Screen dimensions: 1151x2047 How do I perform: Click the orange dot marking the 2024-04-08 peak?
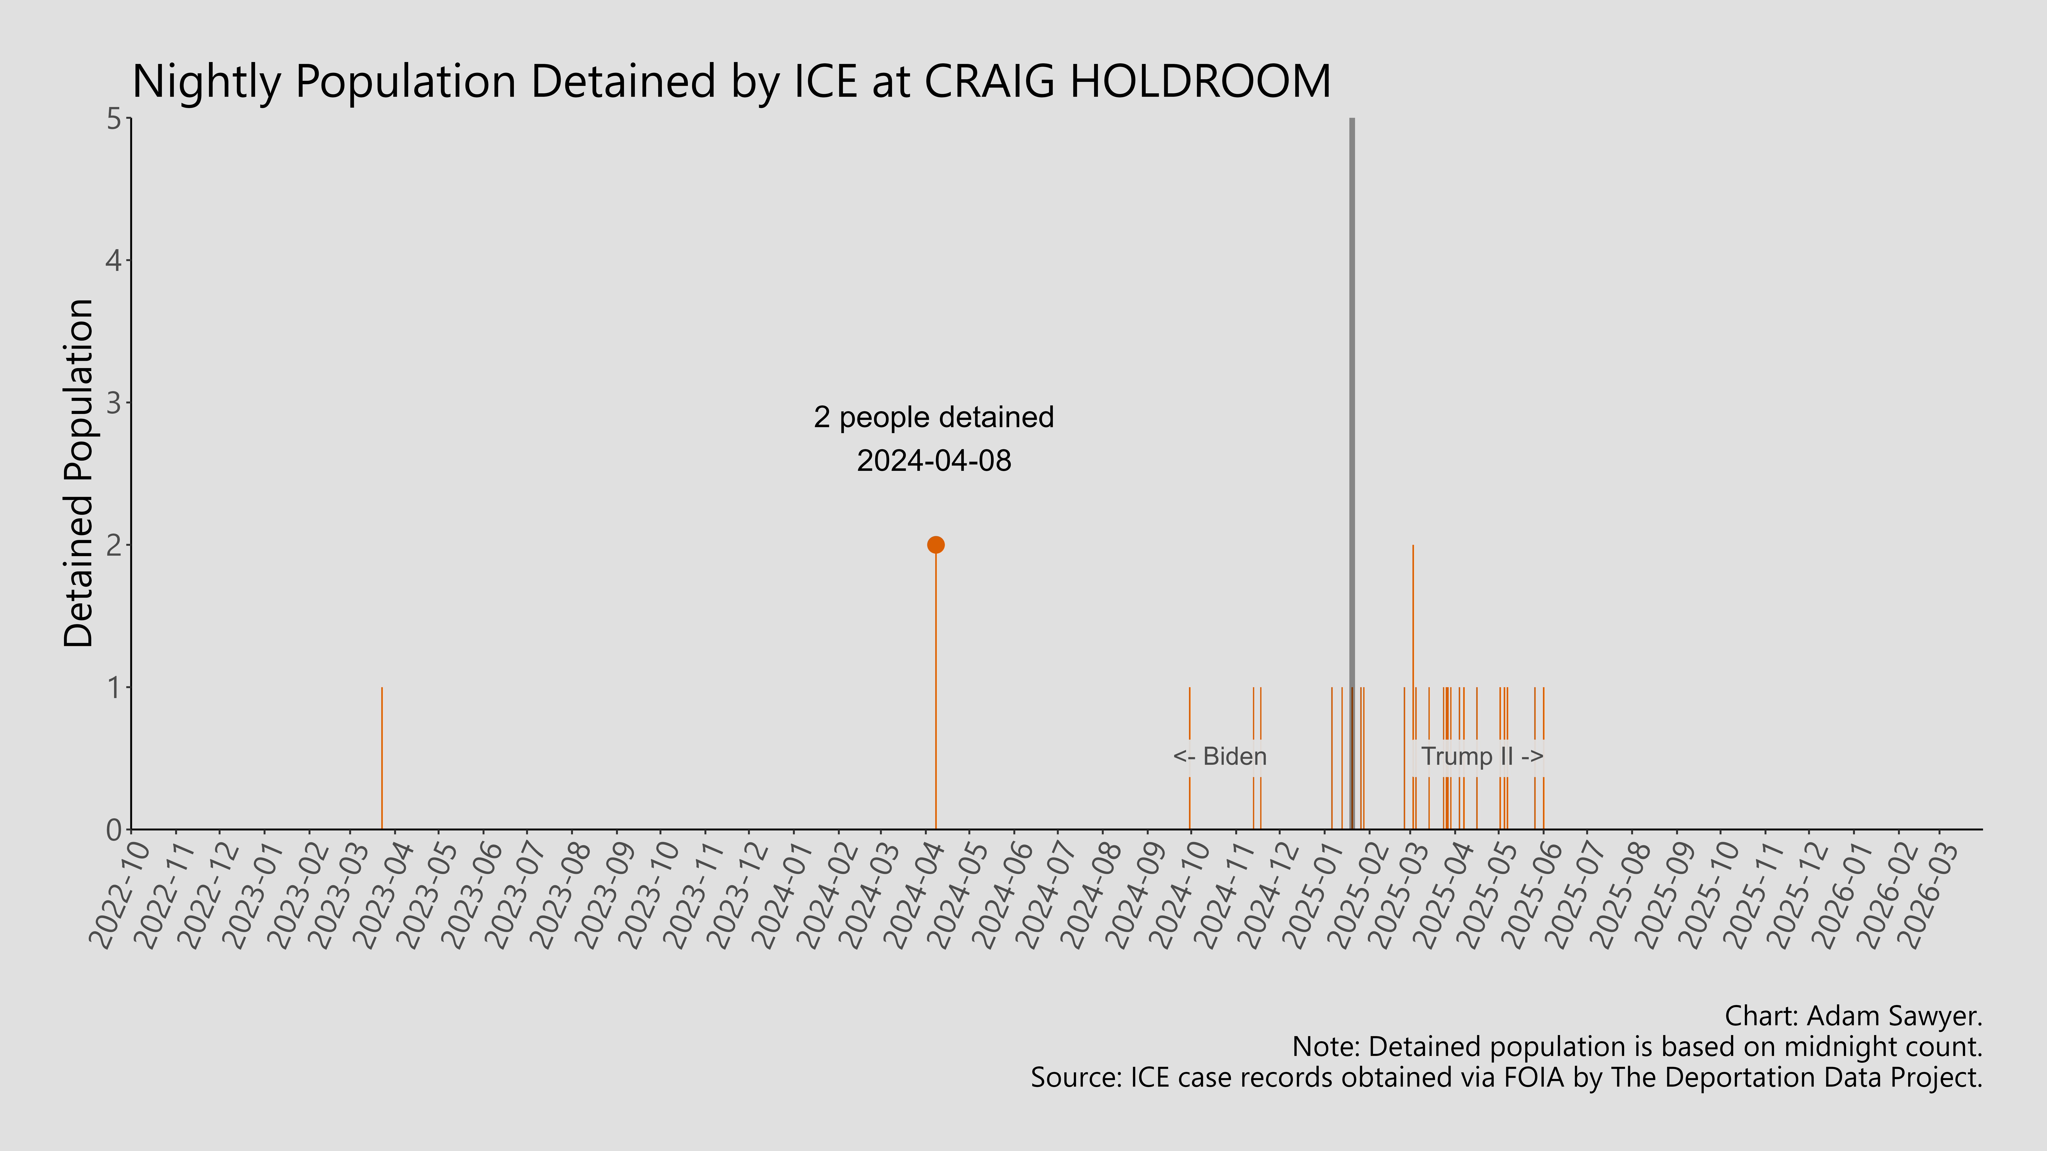pyautogui.click(x=935, y=545)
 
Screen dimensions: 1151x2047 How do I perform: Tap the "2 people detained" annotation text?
pyautogui.click(x=934, y=417)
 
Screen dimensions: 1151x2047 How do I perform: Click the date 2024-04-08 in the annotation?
pyautogui.click(x=934, y=461)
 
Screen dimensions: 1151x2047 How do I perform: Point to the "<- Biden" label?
pyautogui.click(x=1220, y=756)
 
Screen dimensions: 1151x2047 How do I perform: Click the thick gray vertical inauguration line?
pyautogui.click(x=1352, y=397)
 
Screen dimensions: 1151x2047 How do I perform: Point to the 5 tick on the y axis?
pyautogui.click(x=115, y=119)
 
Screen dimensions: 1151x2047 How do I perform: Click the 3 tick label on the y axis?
pyautogui.click(x=115, y=403)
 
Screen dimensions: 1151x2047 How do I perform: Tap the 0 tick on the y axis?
pyautogui.click(x=115, y=829)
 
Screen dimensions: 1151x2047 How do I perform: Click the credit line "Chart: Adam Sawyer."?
pyautogui.click(x=1853, y=1016)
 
